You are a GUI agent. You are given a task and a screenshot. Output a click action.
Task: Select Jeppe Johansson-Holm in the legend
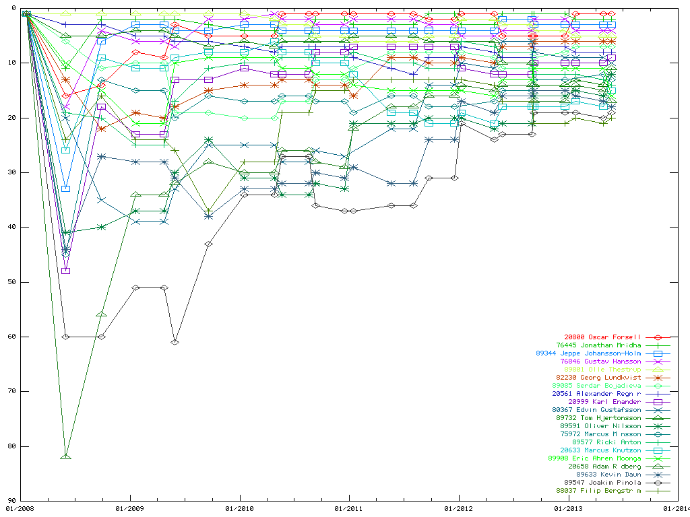[588, 353]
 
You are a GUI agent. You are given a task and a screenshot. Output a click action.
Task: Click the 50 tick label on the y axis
[11, 282]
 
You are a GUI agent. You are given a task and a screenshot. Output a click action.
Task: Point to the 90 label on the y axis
[11, 501]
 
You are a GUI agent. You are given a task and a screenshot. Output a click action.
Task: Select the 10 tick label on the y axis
[11, 63]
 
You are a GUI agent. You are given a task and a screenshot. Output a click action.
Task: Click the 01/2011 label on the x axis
[348, 509]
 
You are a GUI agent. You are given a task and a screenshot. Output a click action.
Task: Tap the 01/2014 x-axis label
[677, 509]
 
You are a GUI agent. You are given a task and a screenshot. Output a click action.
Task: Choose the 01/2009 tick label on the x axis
[129, 509]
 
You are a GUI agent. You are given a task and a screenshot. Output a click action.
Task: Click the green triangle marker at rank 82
[65, 456]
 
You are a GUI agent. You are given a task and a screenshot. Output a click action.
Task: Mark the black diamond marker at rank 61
[175, 342]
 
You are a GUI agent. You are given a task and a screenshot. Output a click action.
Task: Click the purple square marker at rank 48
[65, 271]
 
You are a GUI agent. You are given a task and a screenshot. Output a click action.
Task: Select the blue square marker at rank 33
[65, 188]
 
